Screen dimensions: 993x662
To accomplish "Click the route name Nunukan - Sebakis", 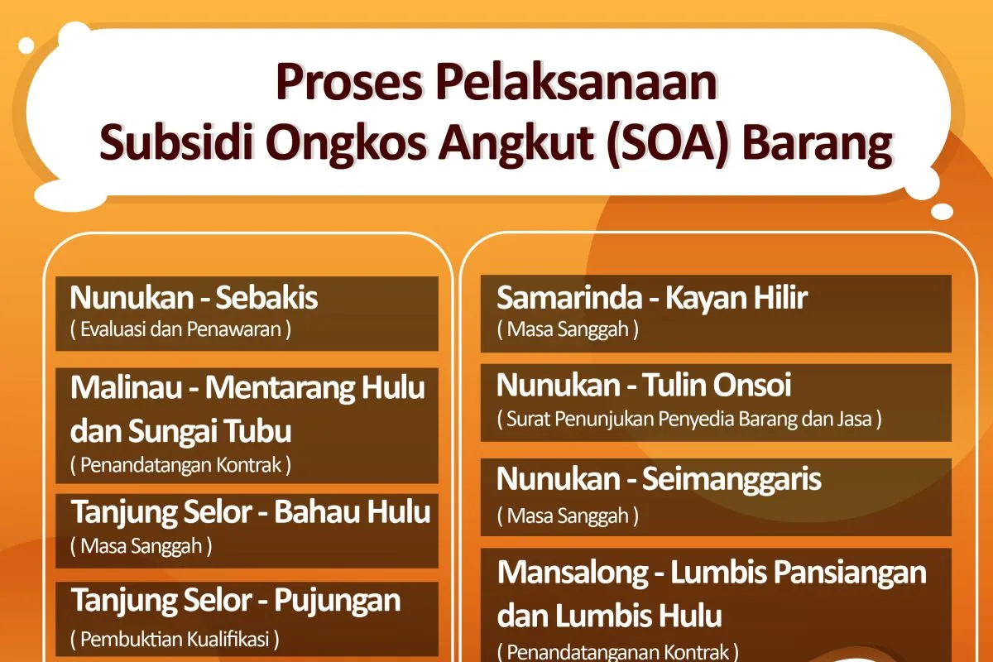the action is (x=194, y=297).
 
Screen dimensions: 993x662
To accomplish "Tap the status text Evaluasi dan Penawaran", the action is (x=180, y=329).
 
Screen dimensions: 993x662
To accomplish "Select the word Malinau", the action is (x=126, y=387).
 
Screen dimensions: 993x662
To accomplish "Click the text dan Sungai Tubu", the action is (x=181, y=431).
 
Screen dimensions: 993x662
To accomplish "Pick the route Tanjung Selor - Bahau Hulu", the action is (x=251, y=512).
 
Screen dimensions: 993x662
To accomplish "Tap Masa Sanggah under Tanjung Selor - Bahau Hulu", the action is (x=141, y=546).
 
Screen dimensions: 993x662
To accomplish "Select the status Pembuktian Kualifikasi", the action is (x=175, y=639).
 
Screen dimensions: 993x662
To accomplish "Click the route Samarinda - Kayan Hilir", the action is (x=652, y=297).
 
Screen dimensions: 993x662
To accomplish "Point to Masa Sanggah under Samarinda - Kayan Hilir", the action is (x=568, y=329).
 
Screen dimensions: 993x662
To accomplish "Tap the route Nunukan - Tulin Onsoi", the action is (x=644, y=385).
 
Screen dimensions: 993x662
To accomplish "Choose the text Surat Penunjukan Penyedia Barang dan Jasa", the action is (x=689, y=419).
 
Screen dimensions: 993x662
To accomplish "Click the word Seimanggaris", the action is (x=732, y=480).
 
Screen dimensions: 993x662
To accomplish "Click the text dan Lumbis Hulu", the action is (x=610, y=615).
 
